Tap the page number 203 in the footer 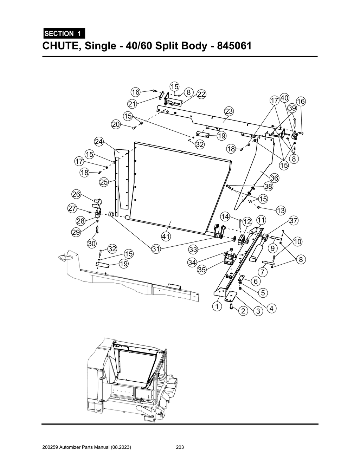click(180, 447)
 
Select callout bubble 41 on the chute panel click(166, 237)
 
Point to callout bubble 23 click(229, 111)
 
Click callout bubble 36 click(274, 178)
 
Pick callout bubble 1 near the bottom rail click(217, 306)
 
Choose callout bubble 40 click(284, 98)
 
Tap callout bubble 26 click(76, 194)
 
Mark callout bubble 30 click(92, 243)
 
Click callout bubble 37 click(294, 221)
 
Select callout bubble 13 click(281, 211)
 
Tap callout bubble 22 click(201, 94)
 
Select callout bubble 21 click(132, 104)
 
